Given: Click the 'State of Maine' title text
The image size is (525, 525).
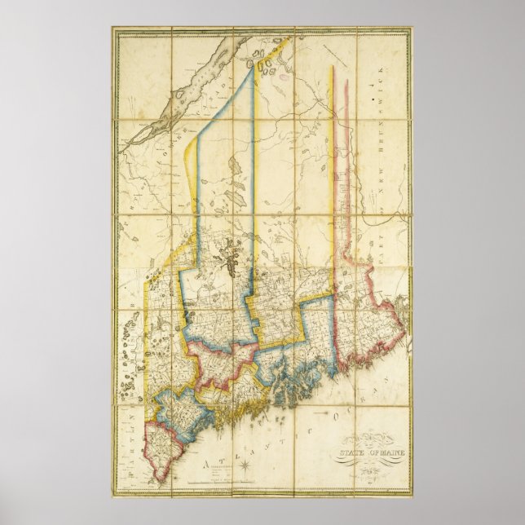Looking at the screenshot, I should click(x=366, y=454).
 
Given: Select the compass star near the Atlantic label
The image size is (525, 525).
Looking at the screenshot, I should click(x=243, y=465).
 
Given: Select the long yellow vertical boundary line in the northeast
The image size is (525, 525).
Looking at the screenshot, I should click(x=331, y=163).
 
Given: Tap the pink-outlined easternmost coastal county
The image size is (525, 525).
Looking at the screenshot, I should click(x=375, y=326).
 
